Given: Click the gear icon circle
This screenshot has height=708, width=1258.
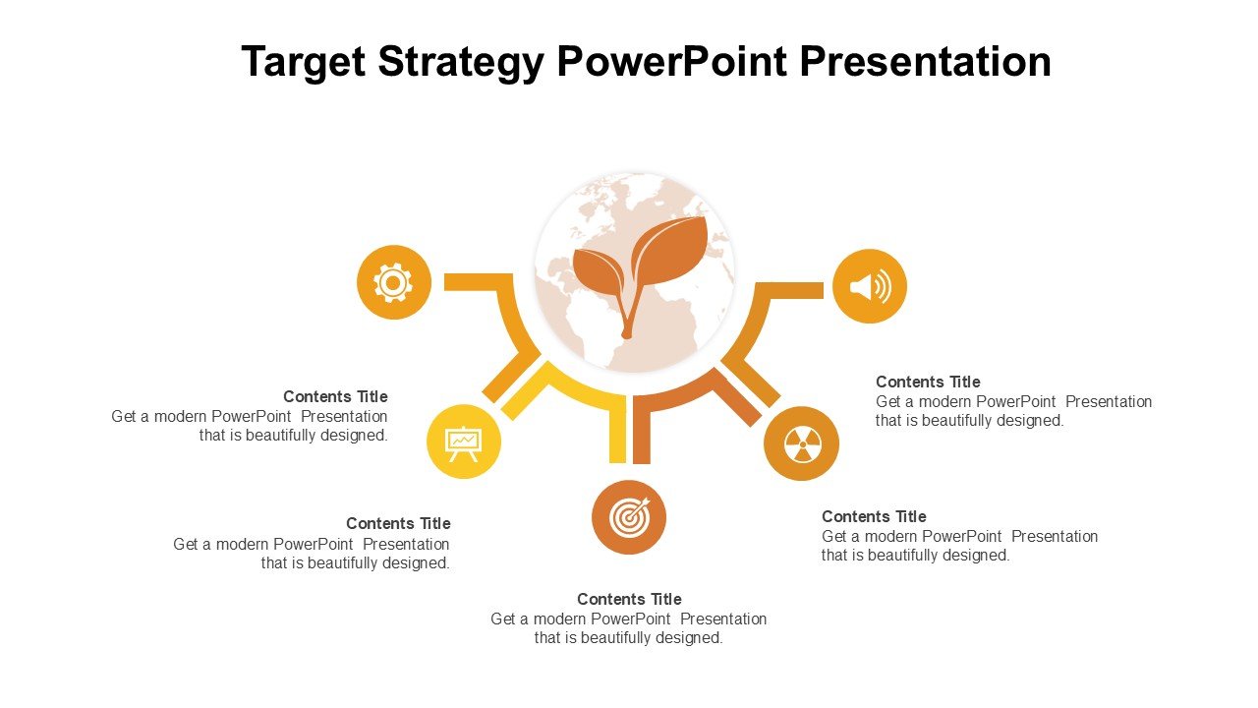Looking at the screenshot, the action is point(394,282).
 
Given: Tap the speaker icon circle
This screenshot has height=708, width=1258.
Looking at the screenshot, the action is point(870,286).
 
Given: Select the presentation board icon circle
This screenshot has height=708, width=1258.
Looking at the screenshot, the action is point(464,442).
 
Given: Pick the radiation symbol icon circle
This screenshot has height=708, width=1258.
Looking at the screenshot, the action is point(801,443).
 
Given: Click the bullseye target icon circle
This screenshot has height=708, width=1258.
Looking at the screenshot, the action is point(629,517).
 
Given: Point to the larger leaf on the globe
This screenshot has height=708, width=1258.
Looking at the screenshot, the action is point(669,251).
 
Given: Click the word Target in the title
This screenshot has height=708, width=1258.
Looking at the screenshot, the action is point(304,62).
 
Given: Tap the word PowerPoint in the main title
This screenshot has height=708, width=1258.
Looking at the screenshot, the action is point(671,61).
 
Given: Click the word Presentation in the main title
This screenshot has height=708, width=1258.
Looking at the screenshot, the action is point(925,61).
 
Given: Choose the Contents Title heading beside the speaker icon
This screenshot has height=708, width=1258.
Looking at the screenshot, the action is point(928,383).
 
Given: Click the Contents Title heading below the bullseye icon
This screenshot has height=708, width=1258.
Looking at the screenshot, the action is point(629,599).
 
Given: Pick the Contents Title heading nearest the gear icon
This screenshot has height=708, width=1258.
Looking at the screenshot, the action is point(335,396).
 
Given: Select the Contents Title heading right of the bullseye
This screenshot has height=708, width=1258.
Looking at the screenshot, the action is point(874,516).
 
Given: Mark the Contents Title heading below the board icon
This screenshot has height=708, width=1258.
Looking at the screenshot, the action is point(398,524).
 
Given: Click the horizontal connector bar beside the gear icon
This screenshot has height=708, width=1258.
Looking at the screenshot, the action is point(478,282).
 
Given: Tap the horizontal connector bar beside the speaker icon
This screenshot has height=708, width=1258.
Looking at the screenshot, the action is point(790,290).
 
